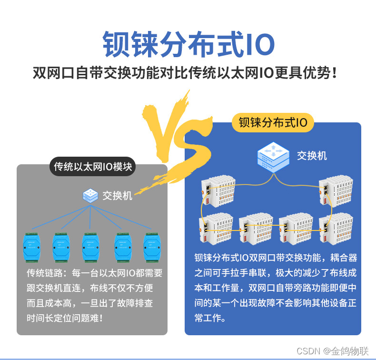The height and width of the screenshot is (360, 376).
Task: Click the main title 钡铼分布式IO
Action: [x=189, y=44]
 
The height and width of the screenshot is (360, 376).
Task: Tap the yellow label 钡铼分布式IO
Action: [x=273, y=122]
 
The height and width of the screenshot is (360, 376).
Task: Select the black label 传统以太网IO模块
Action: [x=92, y=167]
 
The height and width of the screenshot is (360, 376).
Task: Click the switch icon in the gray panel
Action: [x=90, y=195]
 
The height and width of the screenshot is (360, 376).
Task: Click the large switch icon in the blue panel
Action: [x=273, y=157]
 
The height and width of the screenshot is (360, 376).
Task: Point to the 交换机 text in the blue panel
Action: [x=312, y=156]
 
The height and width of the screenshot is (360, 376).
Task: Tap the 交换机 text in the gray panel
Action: [x=117, y=196]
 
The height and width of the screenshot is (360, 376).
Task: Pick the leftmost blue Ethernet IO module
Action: [x=32, y=247]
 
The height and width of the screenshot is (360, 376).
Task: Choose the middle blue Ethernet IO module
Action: [x=90, y=247]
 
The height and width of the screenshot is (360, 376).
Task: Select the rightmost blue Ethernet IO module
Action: [x=152, y=247]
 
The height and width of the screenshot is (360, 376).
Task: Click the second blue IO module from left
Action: [x=61, y=247]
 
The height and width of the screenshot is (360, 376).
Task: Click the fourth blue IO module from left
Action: [x=123, y=247]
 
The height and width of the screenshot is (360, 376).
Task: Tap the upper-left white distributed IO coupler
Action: [x=218, y=191]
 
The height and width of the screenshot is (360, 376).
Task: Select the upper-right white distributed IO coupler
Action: [x=336, y=191]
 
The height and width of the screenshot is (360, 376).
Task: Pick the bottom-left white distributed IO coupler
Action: [x=216, y=229]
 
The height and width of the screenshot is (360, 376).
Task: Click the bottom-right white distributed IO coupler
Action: [x=336, y=229]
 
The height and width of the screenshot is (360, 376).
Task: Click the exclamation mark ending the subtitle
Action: [x=335, y=72]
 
